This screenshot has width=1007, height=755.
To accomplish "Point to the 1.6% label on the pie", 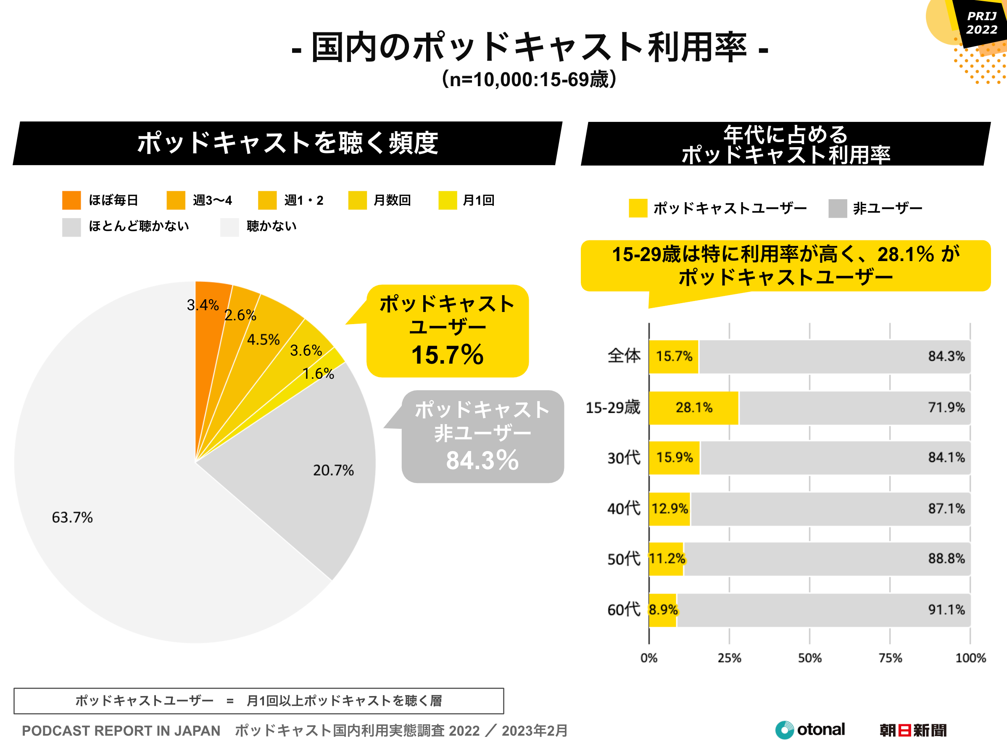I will coord(318,374).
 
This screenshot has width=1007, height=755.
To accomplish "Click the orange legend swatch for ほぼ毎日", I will coord(71,201).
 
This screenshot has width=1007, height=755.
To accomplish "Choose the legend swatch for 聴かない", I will coord(229,227).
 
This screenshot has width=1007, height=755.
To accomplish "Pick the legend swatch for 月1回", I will coord(448,201).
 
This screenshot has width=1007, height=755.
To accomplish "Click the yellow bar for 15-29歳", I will coord(693,407).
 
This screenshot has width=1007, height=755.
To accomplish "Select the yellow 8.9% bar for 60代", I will coord(663,610).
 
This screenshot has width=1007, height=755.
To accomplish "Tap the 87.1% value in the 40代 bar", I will coord(946,509).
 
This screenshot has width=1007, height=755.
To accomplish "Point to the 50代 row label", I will coord(623,559).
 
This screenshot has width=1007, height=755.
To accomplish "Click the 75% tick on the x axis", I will coord(890,658).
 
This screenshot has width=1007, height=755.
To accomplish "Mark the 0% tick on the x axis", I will coord(649,658).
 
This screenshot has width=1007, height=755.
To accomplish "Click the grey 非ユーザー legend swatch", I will coord(838,209).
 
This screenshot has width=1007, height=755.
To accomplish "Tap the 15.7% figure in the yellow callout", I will coord(447,355).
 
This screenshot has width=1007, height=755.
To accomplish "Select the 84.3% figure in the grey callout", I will coord(482,460).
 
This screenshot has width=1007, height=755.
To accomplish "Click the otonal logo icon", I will coord(784,730).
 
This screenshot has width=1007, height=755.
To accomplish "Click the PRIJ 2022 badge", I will coord(981,23).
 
